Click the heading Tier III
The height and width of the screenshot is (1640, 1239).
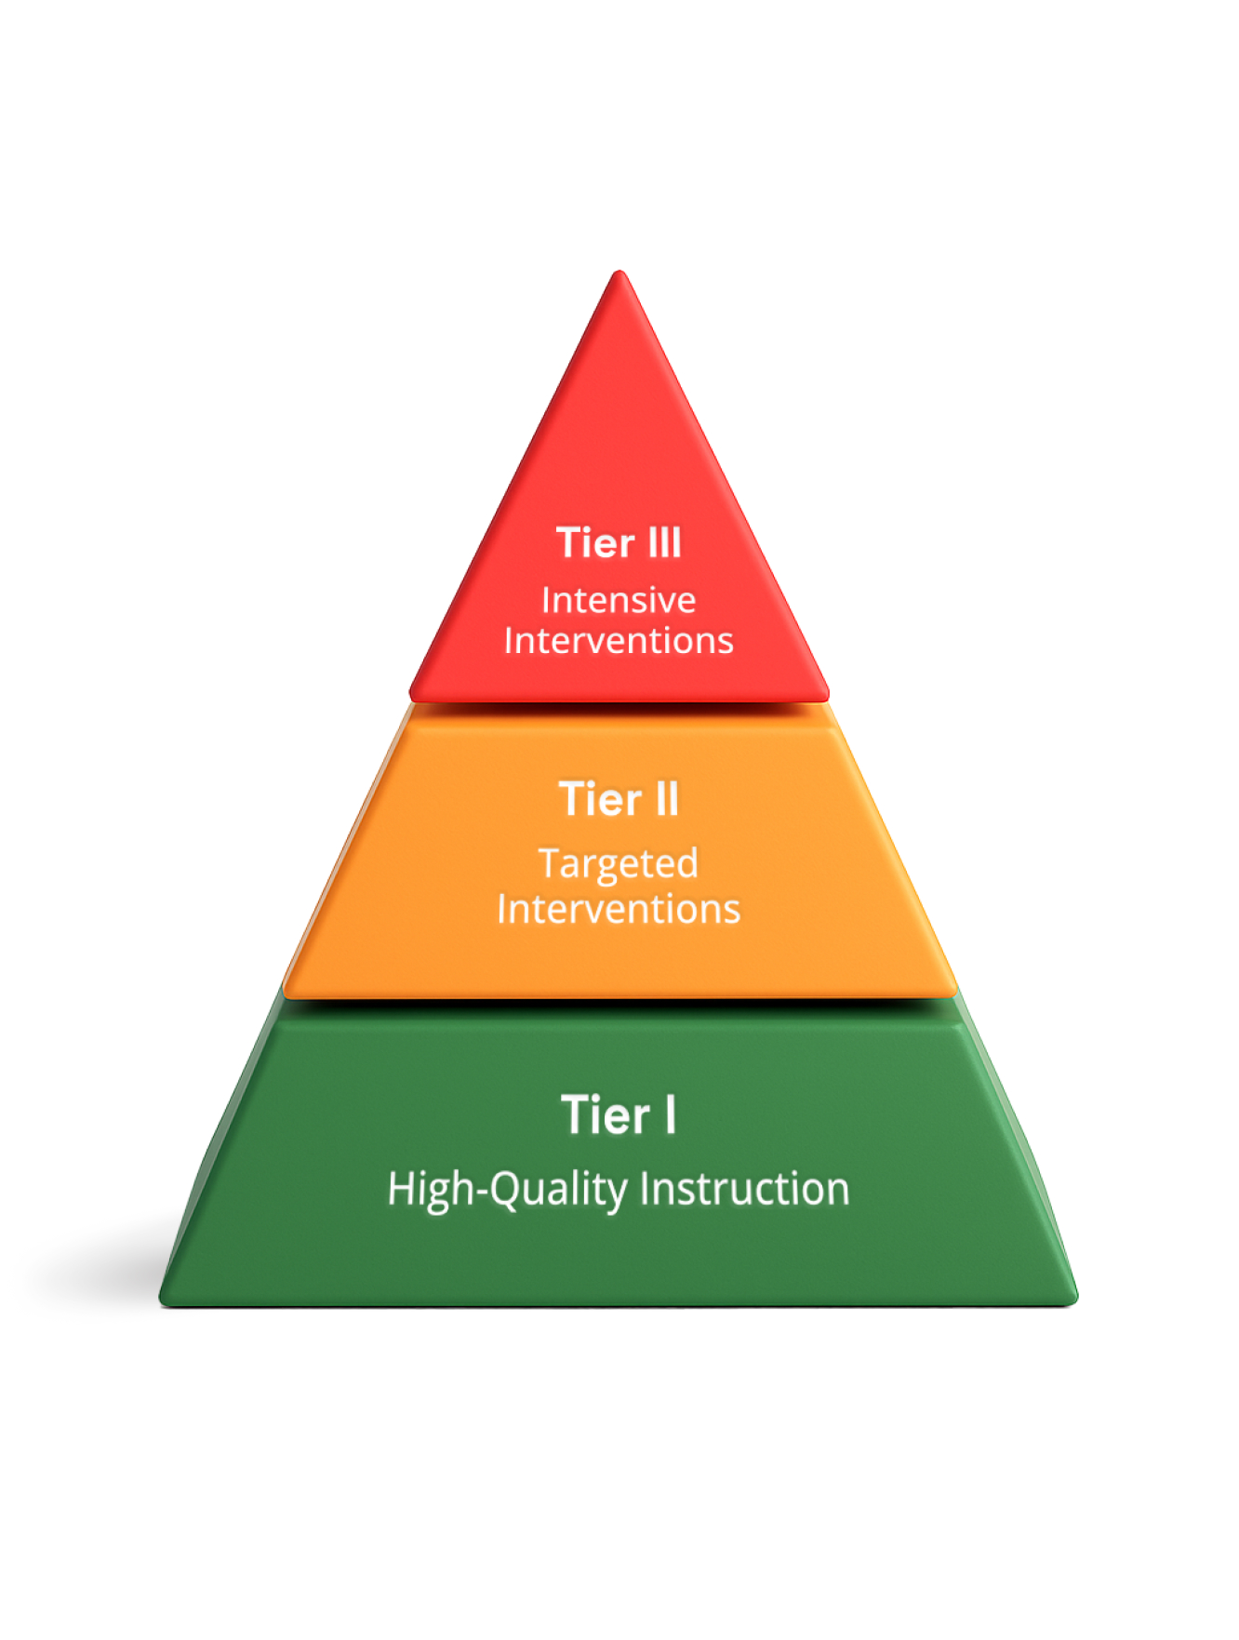tap(619, 543)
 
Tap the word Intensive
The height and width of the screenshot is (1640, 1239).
tap(619, 600)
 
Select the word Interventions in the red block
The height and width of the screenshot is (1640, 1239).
tap(619, 641)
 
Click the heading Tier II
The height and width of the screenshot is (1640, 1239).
tap(619, 799)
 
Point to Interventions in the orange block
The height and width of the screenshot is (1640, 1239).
tap(619, 909)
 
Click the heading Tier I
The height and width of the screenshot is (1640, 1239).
tap(619, 1115)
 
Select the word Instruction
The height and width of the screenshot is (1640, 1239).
tap(745, 1190)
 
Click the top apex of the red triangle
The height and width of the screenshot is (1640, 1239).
tap(619, 271)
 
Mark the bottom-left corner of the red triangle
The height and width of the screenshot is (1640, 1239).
tap(411, 697)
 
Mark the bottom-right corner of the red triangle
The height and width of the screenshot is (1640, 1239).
tap(827, 697)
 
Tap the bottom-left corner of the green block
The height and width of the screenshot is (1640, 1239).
tap(160, 1301)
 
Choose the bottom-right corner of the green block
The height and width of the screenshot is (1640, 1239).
tap(1077, 1301)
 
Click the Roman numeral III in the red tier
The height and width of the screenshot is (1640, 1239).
tap(663, 543)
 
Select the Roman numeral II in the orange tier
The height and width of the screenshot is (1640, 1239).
tap(667, 799)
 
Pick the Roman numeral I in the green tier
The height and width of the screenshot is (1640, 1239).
tap(670, 1115)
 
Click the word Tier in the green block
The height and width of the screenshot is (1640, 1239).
tap(606, 1115)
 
